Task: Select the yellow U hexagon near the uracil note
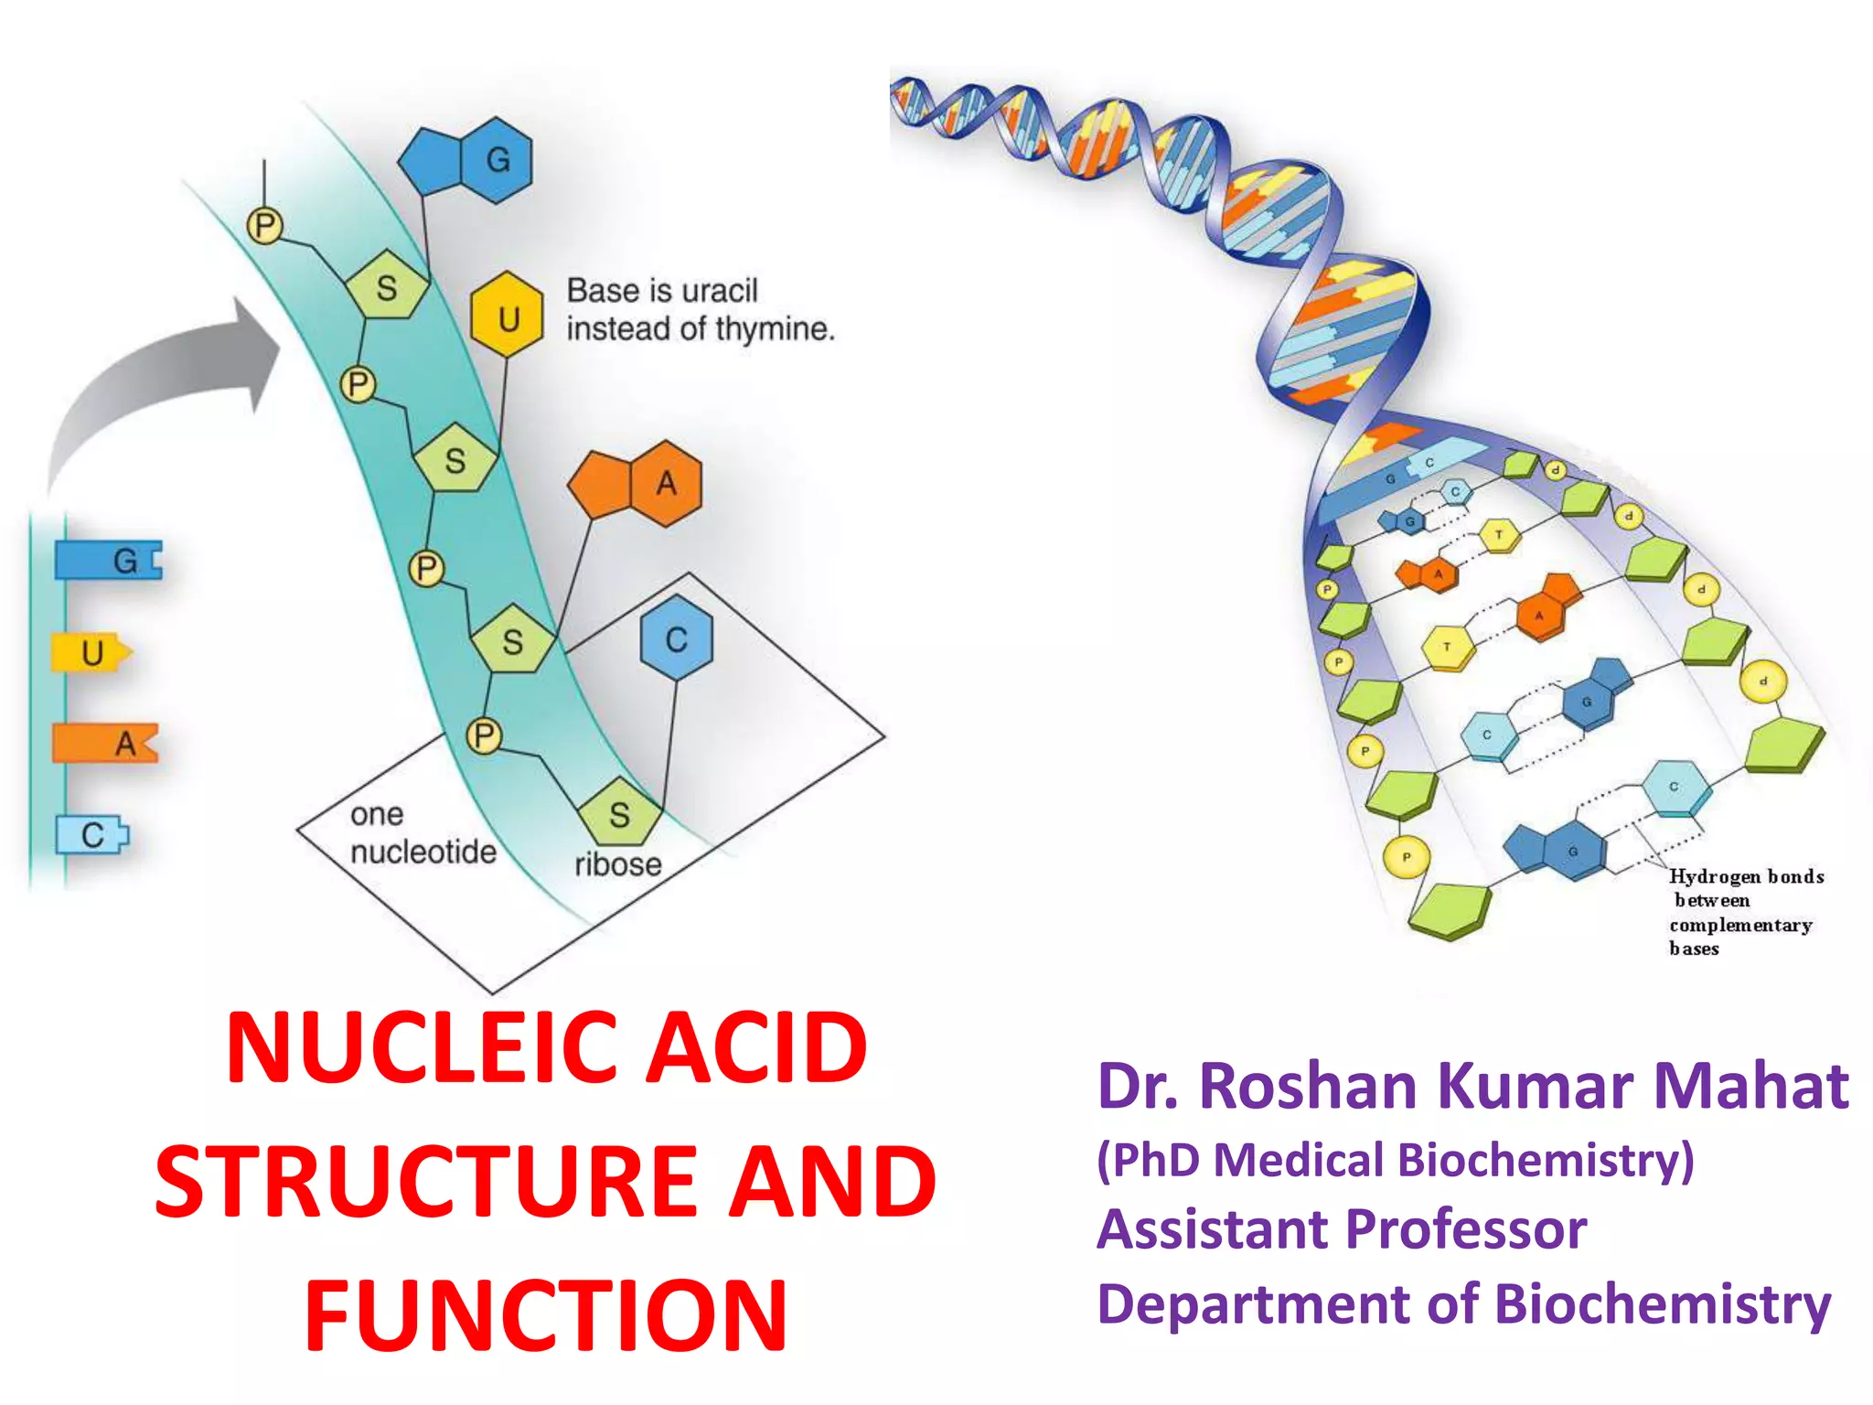click(x=508, y=316)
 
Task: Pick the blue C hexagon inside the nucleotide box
click(x=676, y=638)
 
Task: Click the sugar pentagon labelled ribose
click(x=619, y=813)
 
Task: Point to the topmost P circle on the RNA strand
click(x=264, y=225)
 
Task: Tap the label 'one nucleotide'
click(x=422, y=833)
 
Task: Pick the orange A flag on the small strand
click(x=105, y=743)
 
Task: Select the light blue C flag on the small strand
click(x=92, y=834)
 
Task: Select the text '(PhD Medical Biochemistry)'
click(x=1395, y=1160)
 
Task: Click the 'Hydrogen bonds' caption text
click(x=1745, y=876)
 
